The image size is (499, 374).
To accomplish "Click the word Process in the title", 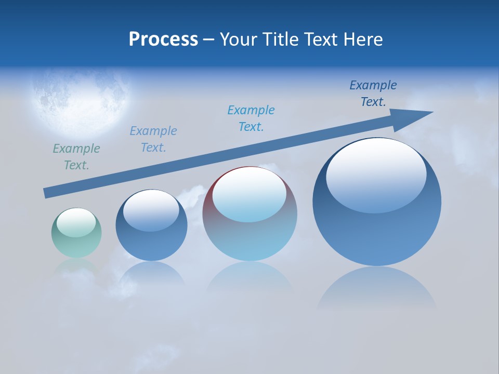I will point(163,39).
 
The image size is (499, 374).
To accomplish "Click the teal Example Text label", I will point(76,157).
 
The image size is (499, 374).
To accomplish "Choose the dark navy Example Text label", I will point(373,94).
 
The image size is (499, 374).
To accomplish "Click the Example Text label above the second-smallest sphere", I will point(153,139).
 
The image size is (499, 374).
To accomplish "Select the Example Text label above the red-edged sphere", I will point(251,118).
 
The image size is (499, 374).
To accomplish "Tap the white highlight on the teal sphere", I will point(76,222).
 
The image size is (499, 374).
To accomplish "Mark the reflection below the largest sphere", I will point(377,288).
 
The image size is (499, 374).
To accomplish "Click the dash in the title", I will point(208,39).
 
